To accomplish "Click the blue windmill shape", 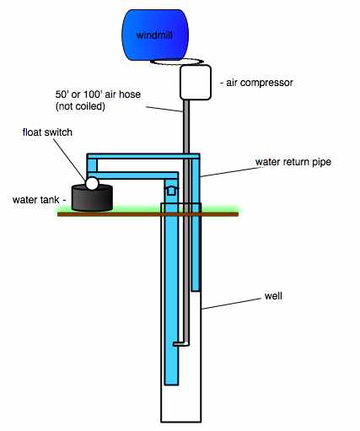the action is tap(155, 35).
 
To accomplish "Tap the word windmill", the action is tap(154, 35).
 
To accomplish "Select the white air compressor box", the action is tap(196, 82).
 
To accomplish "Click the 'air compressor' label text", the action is tap(260, 83).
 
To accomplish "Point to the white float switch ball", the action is tap(92, 183).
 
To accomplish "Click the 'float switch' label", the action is tap(47, 132).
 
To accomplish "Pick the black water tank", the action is tap(92, 197).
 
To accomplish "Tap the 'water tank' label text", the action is tap(36, 200).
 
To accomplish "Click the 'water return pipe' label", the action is tap(293, 162).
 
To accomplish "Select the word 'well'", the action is tap(273, 296).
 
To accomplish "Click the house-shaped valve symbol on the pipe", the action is tap(171, 190).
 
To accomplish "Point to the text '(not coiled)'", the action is tap(80, 106).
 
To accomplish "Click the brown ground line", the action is tap(148, 214).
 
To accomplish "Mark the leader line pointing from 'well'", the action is tap(231, 304).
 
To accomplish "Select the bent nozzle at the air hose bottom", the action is tap(180, 343).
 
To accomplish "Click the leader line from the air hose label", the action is tap(164, 110).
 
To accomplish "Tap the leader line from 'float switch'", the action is tap(69, 159).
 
